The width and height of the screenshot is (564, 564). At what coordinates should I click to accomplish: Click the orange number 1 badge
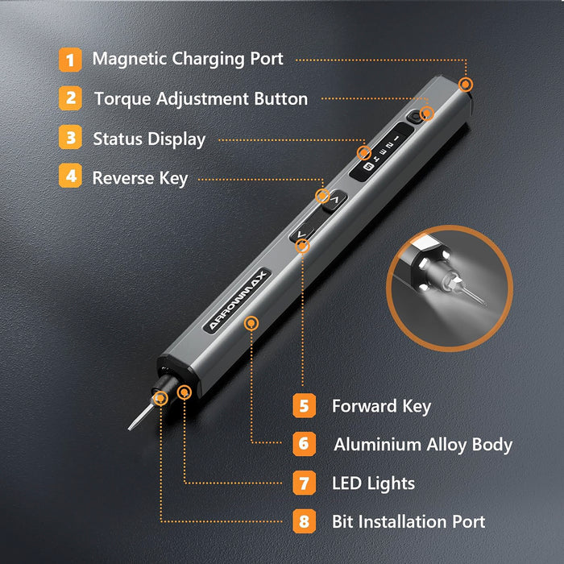[x=70, y=59]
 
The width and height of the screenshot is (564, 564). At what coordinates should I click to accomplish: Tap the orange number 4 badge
[x=70, y=177]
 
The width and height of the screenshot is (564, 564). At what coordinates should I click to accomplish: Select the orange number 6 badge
[x=304, y=444]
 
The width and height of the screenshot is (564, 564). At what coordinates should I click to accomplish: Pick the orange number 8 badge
[x=304, y=521]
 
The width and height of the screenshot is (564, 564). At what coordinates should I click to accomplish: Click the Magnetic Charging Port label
[x=187, y=59]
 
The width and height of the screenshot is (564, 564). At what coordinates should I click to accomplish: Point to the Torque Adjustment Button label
[x=201, y=99]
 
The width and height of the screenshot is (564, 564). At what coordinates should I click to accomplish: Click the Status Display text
[x=149, y=139]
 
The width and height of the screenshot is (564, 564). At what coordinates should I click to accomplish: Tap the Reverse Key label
[x=139, y=178]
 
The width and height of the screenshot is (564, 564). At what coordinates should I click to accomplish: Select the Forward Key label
[x=381, y=406]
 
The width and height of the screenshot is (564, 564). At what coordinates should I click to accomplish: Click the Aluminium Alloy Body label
[x=423, y=444]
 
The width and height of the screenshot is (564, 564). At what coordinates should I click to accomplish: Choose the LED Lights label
[x=373, y=483]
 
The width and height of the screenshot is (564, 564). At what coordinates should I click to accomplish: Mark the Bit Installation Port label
[x=408, y=522]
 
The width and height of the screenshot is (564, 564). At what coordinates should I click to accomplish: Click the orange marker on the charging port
[x=466, y=85]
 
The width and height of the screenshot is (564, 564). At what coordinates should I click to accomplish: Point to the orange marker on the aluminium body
[x=252, y=323]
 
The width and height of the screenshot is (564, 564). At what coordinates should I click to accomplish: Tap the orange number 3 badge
[x=70, y=138]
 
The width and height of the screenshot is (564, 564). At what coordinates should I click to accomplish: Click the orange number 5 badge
[x=304, y=405]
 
